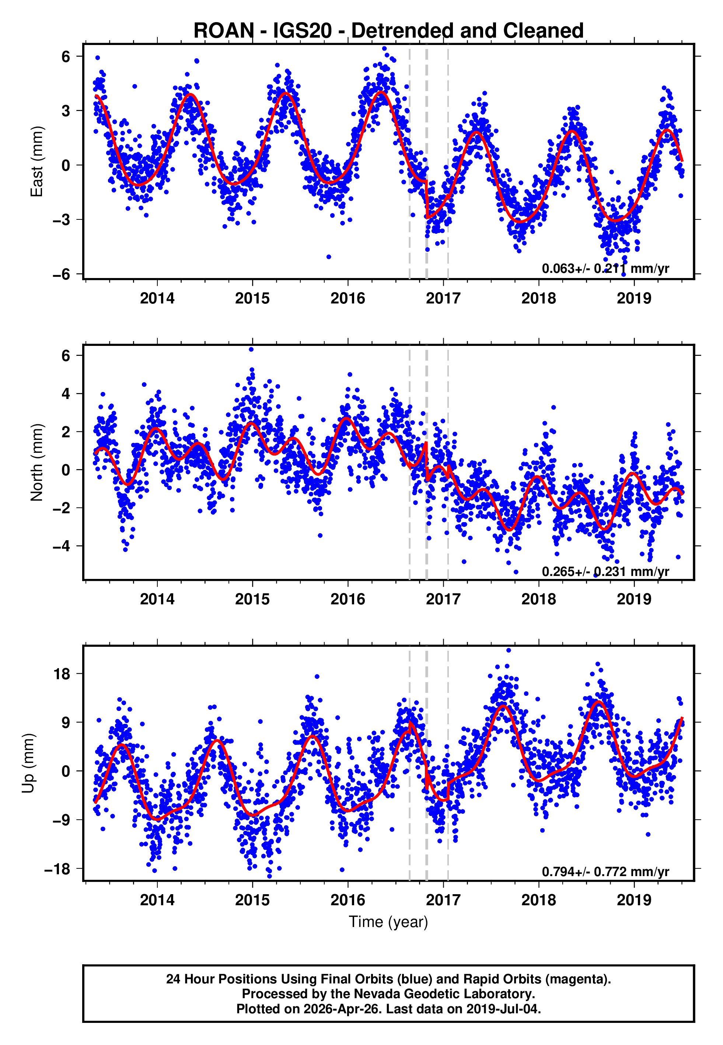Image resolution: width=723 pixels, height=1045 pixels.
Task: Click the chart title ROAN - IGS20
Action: tap(388, 31)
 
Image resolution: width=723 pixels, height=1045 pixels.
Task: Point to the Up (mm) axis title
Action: tap(28, 763)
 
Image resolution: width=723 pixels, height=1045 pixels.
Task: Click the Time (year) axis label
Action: tap(388, 921)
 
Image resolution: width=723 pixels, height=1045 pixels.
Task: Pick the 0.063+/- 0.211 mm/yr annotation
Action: tap(605, 268)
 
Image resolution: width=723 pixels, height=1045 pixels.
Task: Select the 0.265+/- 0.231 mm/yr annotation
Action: tap(605, 572)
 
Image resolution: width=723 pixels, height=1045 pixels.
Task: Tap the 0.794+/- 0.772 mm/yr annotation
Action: tap(605, 871)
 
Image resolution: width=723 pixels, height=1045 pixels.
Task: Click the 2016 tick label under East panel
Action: tap(347, 298)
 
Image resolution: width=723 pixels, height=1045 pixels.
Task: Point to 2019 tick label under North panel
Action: tap(634, 599)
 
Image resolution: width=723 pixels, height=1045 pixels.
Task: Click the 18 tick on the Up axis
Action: tap(62, 674)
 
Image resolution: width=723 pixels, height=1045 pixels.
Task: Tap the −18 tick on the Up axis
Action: tap(57, 869)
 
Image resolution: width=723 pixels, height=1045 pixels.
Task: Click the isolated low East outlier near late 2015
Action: tap(328, 257)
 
